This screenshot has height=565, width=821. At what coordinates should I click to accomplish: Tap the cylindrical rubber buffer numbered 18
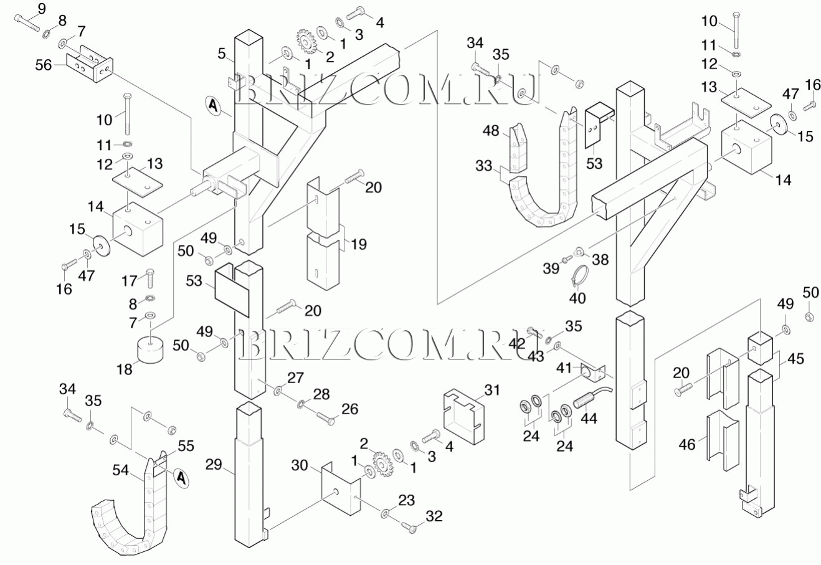pyautogui.click(x=149, y=350)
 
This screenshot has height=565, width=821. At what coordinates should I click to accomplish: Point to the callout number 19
pyautogui.click(x=358, y=244)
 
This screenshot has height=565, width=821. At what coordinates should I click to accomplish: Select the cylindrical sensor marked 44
pyautogui.click(x=589, y=397)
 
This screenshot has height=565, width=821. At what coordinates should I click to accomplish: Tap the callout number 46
pyautogui.click(x=686, y=445)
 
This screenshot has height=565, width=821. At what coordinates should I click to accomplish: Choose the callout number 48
pyautogui.click(x=491, y=131)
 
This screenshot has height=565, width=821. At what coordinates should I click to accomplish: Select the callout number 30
pyautogui.click(x=300, y=465)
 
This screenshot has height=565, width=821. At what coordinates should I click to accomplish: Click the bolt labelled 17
pyautogui.click(x=149, y=275)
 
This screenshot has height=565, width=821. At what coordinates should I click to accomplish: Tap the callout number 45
pyautogui.click(x=795, y=359)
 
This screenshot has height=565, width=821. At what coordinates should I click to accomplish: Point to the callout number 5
pyautogui.click(x=222, y=54)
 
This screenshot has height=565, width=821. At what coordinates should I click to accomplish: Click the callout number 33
pyautogui.click(x=484, y=166)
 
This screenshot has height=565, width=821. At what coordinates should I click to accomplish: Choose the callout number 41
pyautogui.click(x=564, y=368)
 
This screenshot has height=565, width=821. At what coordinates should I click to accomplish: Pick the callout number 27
pyautogui.click(x=295, y=377)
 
